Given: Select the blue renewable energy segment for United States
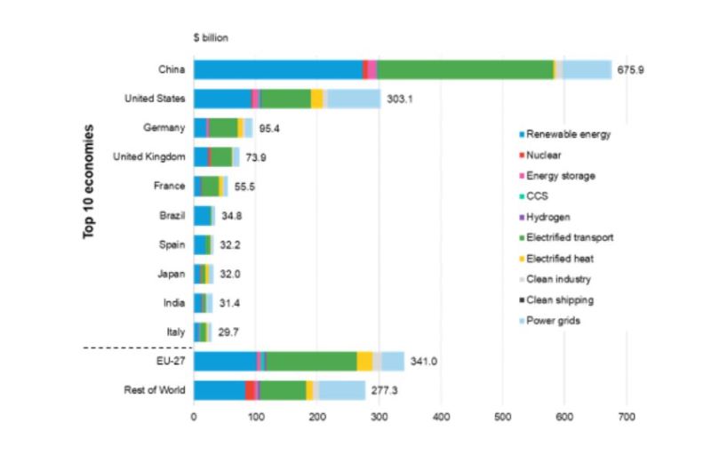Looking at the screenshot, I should [222, 99].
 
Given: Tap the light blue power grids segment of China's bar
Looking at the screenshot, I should [587, 69].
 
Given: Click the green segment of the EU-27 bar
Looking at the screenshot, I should [311, 361].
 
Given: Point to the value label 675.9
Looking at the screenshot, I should [634, 69].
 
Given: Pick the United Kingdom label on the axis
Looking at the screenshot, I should [149, 156].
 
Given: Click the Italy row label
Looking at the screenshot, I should [174, 331].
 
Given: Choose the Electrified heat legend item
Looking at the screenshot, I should [559, 259].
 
